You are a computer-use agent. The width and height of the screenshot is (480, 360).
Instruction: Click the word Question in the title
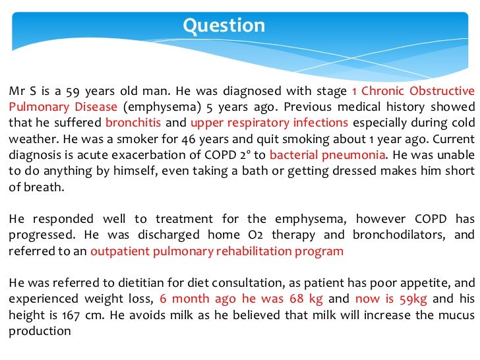pyautogui.click(x=224, y=26)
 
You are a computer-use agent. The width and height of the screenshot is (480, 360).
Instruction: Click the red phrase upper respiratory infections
pyautogui.click(x=269, y=123)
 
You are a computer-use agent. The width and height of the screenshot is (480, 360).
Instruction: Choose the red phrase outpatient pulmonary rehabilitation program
pyautogui.click(x=217, y=251)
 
